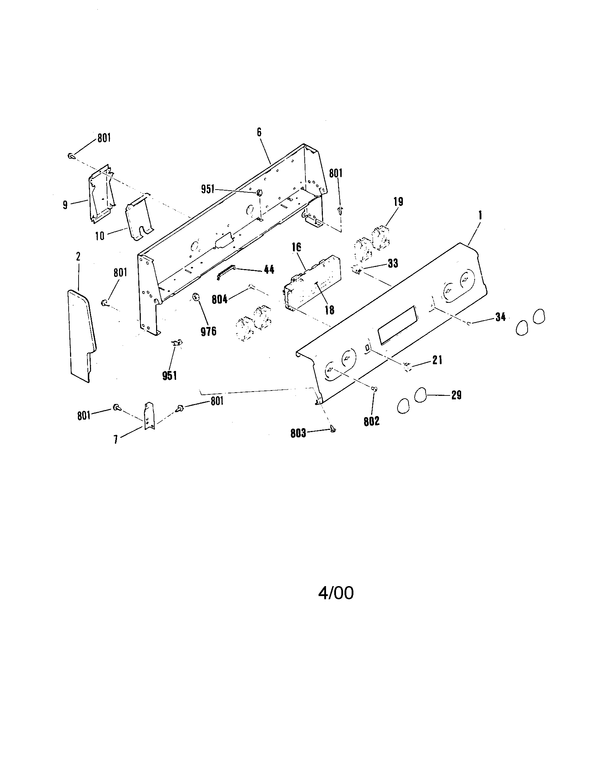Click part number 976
pyautogui.click(x=208, y=332)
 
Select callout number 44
pyautogui.click(x=269, y=270)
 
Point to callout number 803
pyautogui.click(x=298, y=433)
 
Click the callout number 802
pyautogui.click(x=371, y=422)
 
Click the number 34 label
pyautogui.click(x=500, y=317)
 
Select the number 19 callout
pyautogui.click(x=398, y=202)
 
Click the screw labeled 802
pyautogui.click(x=374, y=389)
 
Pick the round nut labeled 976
pyautogui.click(x=196, y=296)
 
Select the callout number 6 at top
pyautogui.click(x=259, y=132)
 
